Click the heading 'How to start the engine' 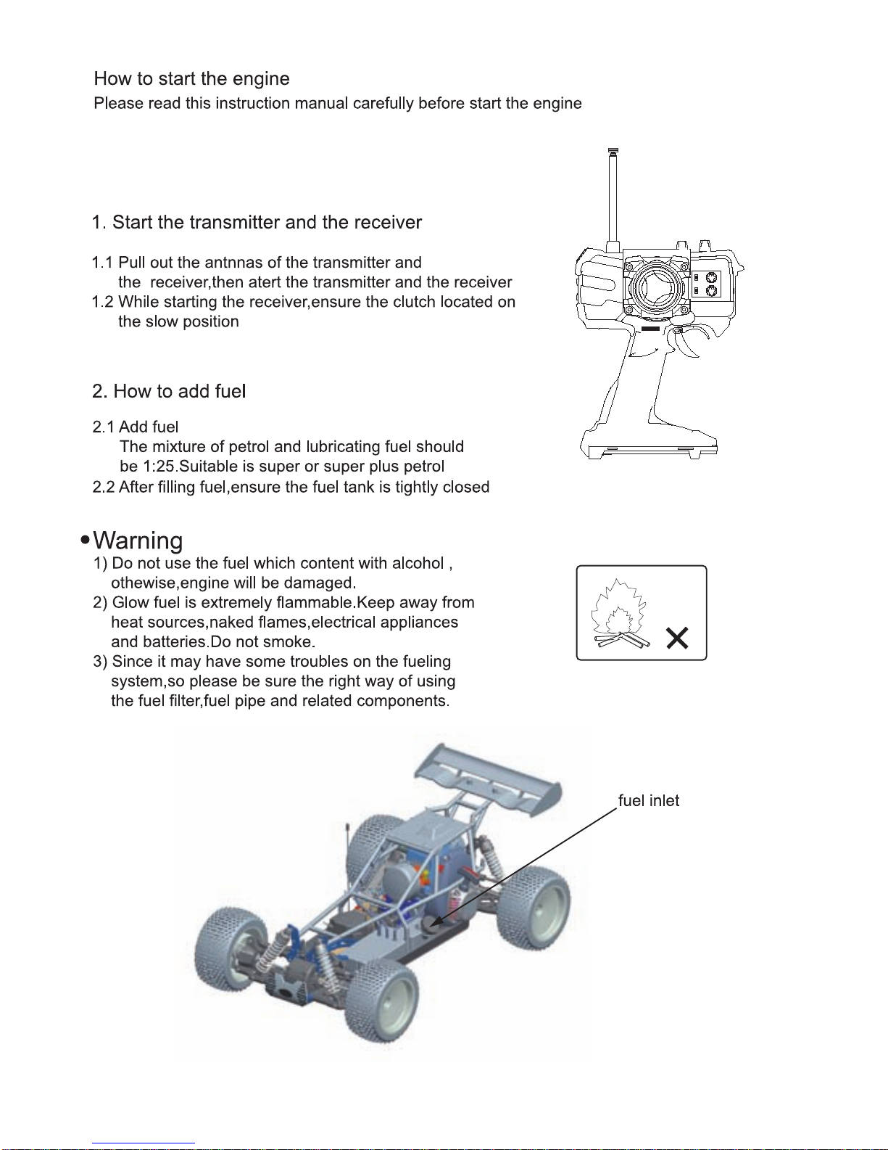191,78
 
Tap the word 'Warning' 138,541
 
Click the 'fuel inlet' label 648,800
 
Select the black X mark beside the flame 677,638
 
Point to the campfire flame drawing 617,614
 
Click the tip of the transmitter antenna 613,151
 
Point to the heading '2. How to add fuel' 169,391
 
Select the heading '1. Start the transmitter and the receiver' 257,222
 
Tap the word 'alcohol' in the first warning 418,563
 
